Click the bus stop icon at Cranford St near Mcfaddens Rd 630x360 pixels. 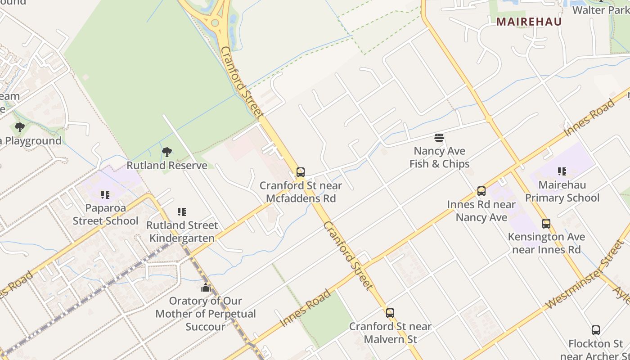point(300,172)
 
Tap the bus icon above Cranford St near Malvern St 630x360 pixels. point(390,313)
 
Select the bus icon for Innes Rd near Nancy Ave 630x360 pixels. point(481,191)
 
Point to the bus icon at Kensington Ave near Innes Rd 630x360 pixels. point(546,224)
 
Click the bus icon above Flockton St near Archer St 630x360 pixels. point(596,330)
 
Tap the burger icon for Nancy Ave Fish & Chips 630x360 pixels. point(439,138)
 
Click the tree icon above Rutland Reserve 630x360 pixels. point(167,152)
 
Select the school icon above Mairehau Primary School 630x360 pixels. point(562,171)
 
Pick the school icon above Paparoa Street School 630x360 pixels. point(105,195)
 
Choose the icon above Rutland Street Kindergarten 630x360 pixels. point(182,212)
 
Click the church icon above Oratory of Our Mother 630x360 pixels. point(206,288)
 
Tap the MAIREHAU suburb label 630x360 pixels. point(529,22)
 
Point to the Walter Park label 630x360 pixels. point(600,10)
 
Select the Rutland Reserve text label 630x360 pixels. point(167,165)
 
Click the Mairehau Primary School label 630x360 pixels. point(562,191)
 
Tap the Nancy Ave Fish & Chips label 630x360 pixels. point(439,157)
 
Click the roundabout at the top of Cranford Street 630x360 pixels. point(215,22)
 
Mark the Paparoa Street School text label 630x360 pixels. point(105,214)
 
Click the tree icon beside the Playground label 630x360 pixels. point(19,127)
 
